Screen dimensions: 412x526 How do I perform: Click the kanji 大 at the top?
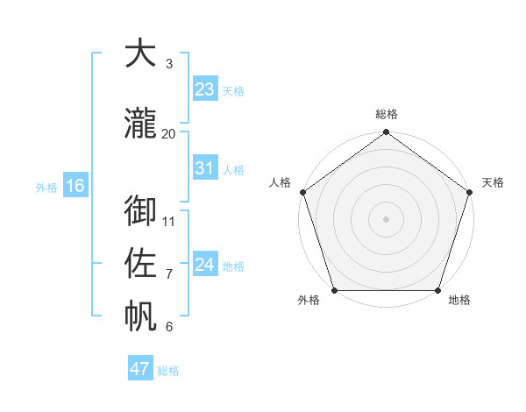[140, 53]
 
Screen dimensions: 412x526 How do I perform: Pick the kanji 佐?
[140, 263]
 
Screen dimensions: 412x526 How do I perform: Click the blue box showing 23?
[205, 89]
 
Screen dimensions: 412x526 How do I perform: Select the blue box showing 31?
[205, 168]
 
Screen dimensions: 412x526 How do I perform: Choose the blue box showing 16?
[75, 186]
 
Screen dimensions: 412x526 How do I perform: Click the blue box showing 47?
[140, 369]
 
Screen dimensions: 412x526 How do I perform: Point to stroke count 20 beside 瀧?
[169, 133]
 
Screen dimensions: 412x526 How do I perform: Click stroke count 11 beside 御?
[169, 221]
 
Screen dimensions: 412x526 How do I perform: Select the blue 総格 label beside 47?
[168, 371]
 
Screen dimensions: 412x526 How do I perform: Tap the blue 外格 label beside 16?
[46, 187]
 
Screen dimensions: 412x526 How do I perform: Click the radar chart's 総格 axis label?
[387, 114]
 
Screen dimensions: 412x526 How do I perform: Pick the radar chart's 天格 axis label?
[494, 182]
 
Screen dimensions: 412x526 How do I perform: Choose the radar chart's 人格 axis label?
[280, 182]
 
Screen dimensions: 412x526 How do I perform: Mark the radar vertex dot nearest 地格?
[438, 290]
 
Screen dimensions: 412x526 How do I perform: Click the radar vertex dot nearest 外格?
[334, 290]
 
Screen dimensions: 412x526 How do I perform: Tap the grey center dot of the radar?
[387, 218]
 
